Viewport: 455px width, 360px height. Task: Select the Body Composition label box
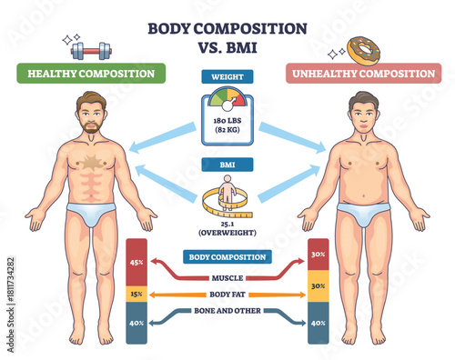(226, 257)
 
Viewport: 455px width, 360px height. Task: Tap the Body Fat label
(226, 295)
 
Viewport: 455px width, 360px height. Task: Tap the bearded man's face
(91, 116)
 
